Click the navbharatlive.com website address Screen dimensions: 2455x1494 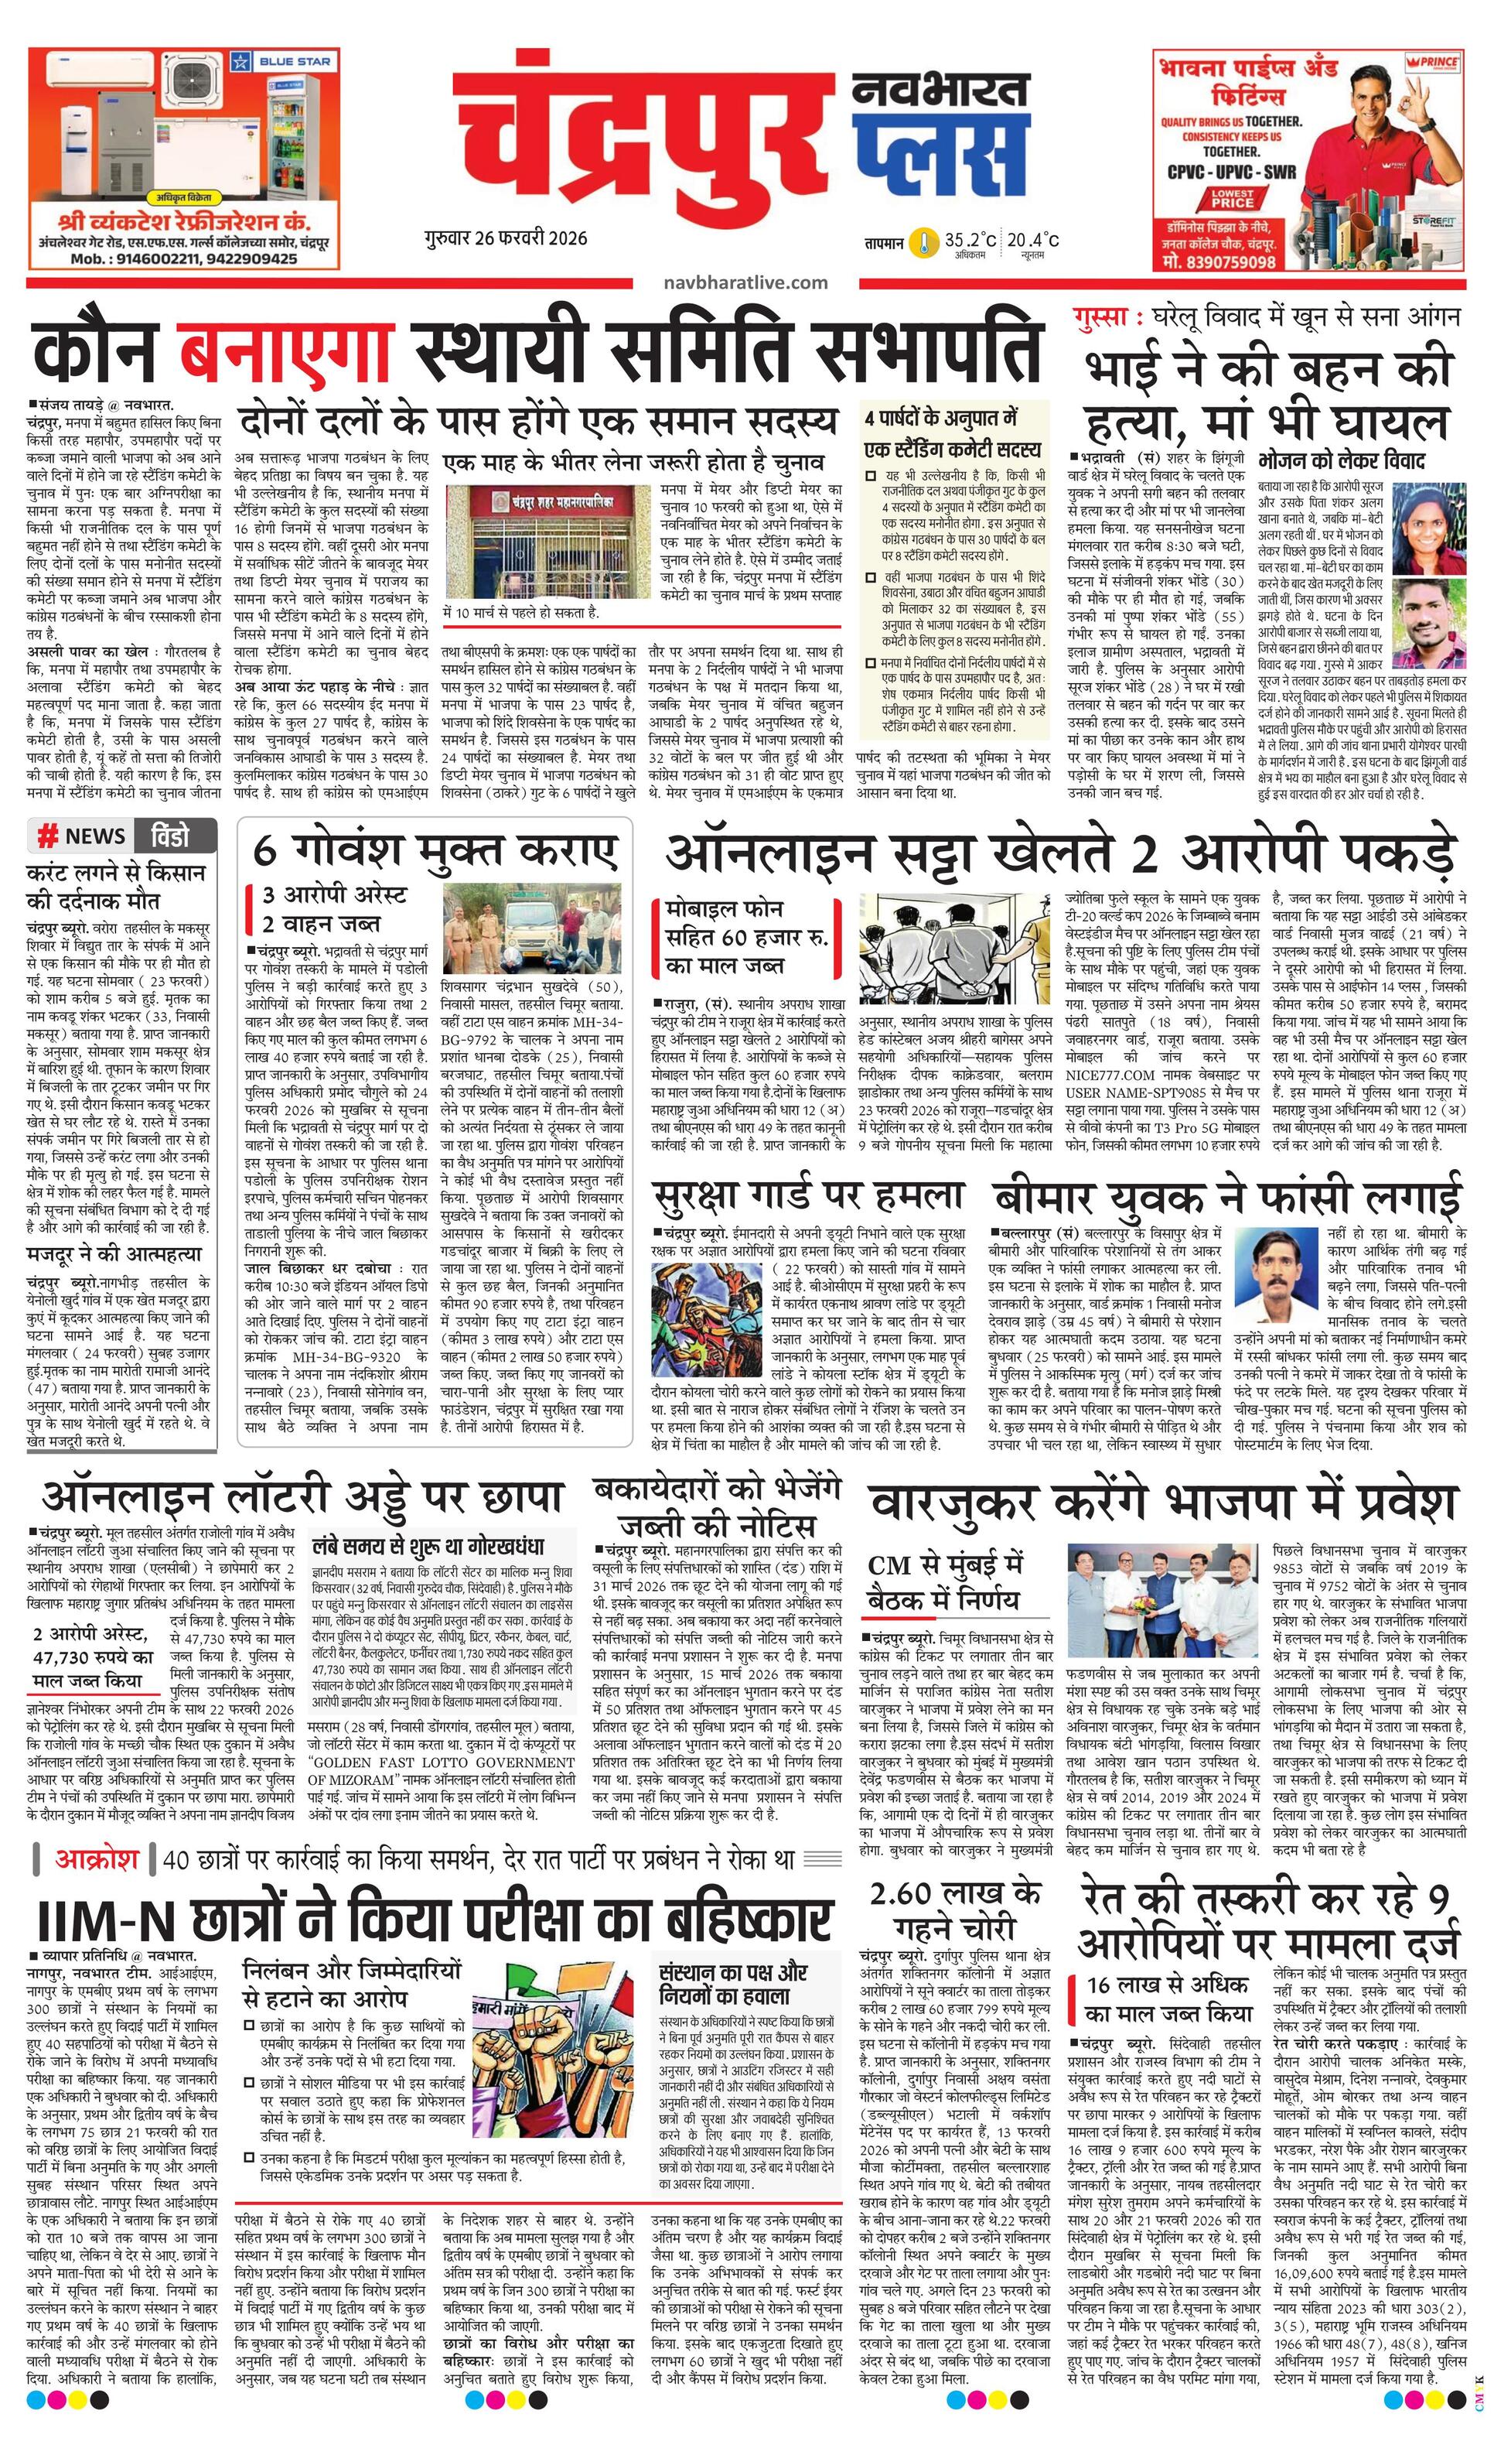745,283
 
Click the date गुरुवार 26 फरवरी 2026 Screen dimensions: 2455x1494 504,238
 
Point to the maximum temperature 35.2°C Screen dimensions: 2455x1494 969,240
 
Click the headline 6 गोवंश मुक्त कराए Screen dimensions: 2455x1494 435,850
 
